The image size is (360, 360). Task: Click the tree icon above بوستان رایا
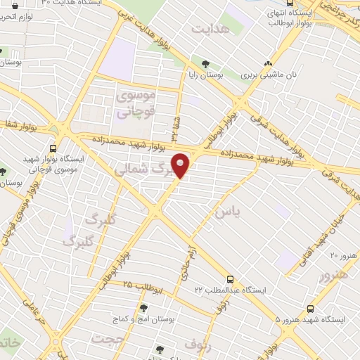pyautogui.click(x=205, y=63)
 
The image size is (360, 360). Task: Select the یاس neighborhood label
pyautogui.click(x=228, y=211)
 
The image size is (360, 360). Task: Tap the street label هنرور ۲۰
pyautogui.click(x=343, y=253)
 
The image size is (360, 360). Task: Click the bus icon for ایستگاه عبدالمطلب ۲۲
pyautogui.click(x=231, y=278)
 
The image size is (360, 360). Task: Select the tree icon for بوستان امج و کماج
pyautogui.click(x=143, y=309)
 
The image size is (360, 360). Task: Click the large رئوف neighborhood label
pyautogui.click(x=198, y=344)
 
